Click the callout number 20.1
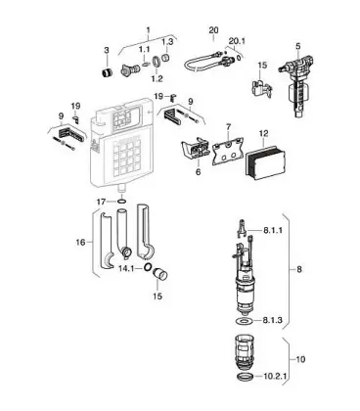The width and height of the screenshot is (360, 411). click(x=237, y=41)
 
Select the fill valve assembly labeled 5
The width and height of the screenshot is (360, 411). click(x=296, y=86)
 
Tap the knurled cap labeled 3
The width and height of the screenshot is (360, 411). click(x=106, y=72)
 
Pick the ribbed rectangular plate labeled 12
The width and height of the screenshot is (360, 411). click(x=265, y=160)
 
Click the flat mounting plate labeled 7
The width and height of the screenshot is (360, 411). click(x=228, y=151)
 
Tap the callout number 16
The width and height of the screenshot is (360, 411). click(x=80, y=243)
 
